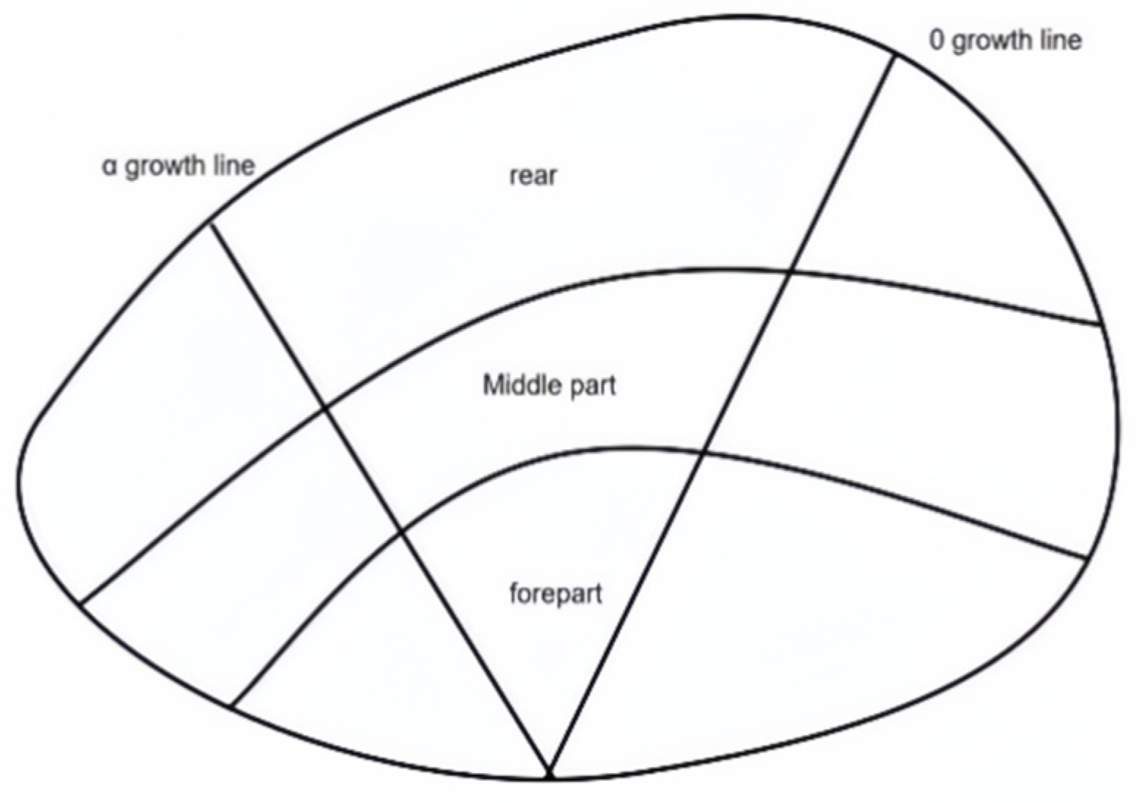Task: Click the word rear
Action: click(533, 176)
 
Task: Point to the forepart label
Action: click(556, 593)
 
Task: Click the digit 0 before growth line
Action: click(937, 40)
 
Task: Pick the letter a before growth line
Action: click(110, 166)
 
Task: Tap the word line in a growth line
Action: click(233, 166)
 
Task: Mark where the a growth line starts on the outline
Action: click(210, 220)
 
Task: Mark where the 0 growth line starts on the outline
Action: click(894, 54)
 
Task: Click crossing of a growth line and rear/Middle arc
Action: click(324, 409)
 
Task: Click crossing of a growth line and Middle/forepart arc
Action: click(401, 531)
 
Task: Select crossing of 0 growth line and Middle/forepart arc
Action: click(704, 452)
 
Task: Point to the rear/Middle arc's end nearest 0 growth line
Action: click(1100, 324)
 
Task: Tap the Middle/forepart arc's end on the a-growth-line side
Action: click(231, 706)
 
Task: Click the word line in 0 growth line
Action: click(1059, 40)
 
